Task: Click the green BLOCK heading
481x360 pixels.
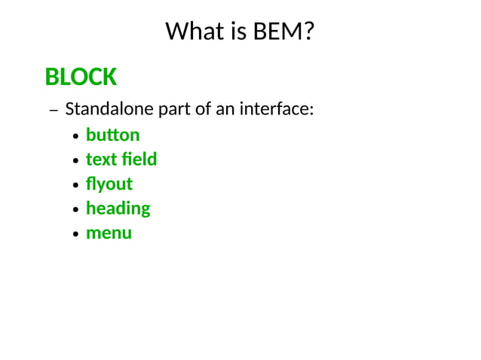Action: click(x=81, y=77)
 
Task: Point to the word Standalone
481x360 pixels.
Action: click(x=109, y=109)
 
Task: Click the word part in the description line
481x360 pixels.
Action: click(x=175, y=109)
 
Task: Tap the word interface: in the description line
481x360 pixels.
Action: click(x=276, y=109)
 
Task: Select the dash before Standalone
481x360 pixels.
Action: click(x=53, y=111)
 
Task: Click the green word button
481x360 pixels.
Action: click(x=112, y=135)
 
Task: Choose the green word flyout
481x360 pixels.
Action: click(x=109, y=183)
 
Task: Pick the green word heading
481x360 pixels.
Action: click(x=118, y=208)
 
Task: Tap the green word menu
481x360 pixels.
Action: click(x=109, y=232)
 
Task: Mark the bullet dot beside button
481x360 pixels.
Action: click(x=76, y=137)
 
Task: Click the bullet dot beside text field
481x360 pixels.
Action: click(x=76, y=161)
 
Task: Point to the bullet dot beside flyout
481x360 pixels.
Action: click(x=76, y=185)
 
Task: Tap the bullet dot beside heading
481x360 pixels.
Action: click(x=76, y=209)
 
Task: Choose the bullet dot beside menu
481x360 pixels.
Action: click(x=76, y=233)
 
